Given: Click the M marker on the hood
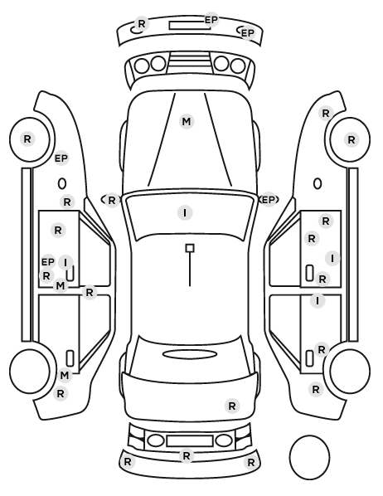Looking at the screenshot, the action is coord(187,121).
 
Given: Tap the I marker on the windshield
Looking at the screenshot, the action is coord(186,212).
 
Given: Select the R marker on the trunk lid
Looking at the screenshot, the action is coord(232,406).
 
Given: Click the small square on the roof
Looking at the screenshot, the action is coord(190,248).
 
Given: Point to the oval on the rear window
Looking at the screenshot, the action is coord(190,354).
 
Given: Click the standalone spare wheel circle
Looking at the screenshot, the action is coord(309,457).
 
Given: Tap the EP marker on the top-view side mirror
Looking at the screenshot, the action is coord(269,200).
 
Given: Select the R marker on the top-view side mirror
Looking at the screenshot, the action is coord(112,200).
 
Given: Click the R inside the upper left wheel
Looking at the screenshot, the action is coord(27,139).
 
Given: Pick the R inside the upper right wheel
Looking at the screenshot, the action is coord(351,139).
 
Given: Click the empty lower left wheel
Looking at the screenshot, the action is coord(29,371).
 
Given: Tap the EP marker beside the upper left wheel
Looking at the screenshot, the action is coord(61,158).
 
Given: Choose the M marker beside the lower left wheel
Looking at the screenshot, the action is coord(64,376).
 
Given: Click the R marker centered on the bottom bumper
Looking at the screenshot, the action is coord(187,456).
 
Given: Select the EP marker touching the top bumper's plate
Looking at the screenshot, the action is coord(211,20).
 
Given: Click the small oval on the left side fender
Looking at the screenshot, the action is coord(62,183).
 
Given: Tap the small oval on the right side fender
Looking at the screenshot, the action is coord(318,183).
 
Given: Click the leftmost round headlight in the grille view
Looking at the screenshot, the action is coord(142,66).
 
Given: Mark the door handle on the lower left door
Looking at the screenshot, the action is coord(70,358).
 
